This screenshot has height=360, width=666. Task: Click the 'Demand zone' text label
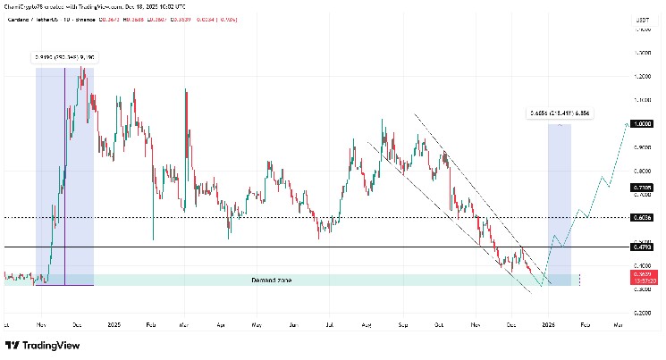[x=271, y=280]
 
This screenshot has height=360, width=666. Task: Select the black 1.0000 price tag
[x=642, y=125]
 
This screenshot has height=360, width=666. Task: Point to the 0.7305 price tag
[x=642, y=188]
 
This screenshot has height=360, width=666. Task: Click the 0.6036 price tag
[x=642, y=217]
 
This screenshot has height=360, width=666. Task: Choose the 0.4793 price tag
[x=642, y=247]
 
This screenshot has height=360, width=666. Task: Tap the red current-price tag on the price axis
[x=642, y=277]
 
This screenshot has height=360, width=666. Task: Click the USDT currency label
[x=641, y=18]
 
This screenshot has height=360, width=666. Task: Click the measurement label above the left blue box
[x=64, y=57]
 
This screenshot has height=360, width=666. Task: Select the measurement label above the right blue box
[x=559, y=113]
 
